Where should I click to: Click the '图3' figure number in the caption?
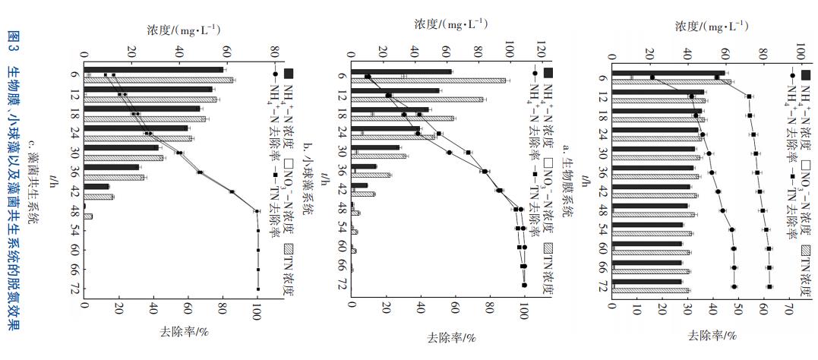click(13, 45)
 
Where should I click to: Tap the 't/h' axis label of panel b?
click(323, 179)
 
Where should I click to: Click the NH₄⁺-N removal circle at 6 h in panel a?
click(652, 77)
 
